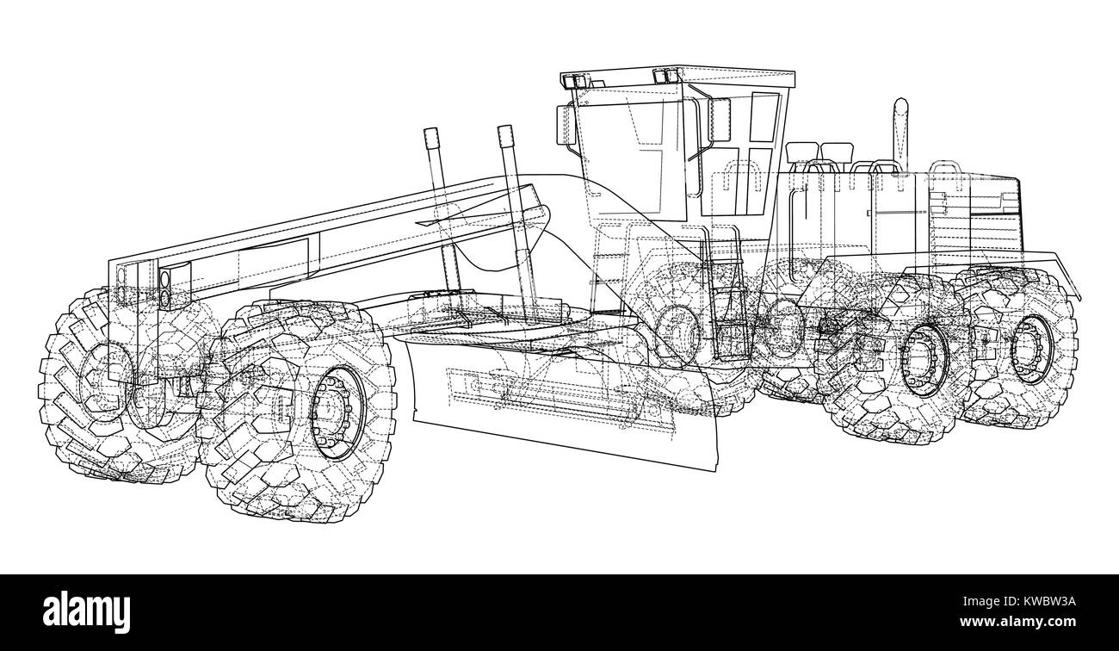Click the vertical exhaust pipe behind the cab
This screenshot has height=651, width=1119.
pos(901,129)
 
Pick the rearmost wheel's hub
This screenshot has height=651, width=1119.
pos(1031,349)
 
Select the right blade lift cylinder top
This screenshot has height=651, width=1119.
pos(505,138)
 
